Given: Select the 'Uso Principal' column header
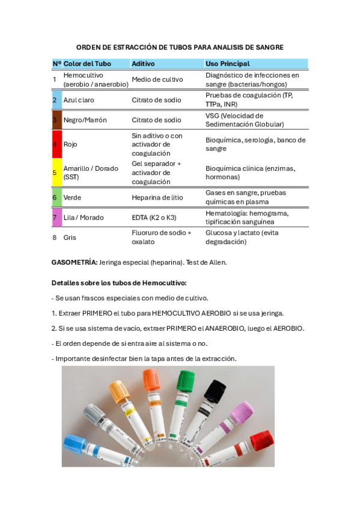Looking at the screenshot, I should click(x=227, y=64).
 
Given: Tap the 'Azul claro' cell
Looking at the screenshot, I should click(x=78, y=100).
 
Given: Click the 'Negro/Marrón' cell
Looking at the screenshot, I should click(x=85, y=120).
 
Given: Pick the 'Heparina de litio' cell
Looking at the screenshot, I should click(x=157, y=197).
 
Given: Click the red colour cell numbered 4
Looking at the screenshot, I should click(x=54, y=144).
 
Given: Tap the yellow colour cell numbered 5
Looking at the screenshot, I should click(x=54, y=173).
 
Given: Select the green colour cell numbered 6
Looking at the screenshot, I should click(x=54, y=197).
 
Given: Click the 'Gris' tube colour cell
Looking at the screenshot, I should click(x=70, y=238).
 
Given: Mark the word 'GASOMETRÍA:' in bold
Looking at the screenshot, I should click(x=75, y=263).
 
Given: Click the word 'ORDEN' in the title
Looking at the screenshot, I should click(x=89, y=47).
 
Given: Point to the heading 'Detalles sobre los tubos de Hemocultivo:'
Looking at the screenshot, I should click(x=119, y=283).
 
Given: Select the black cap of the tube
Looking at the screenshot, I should click(x=215, y=392).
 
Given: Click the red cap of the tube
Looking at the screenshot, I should click(x=261, y=441).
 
